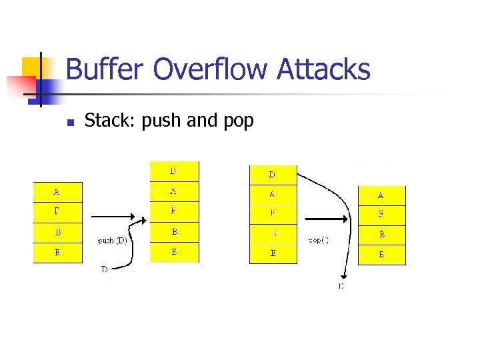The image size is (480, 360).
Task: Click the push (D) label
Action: (x=112, y=240)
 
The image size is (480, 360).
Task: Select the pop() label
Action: (x=318, y=239)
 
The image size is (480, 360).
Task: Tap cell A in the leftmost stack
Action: (x=57, y=192)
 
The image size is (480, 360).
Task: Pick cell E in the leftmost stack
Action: (x=57, y=253)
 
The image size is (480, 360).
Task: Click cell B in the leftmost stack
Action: (x=57, y=233)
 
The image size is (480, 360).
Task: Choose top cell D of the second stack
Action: (x=173, y=171)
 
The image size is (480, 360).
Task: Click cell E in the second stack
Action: (x=173, y=253)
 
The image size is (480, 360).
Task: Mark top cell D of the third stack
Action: (x=272, y=175)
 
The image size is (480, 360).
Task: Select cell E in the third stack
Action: (x=272, y=253)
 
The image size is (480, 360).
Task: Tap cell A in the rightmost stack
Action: (x=381, y=195)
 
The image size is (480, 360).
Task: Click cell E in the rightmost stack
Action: (x=381, y=255)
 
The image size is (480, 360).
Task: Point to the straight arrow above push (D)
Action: (x=113, y=217)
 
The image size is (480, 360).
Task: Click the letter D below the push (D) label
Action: (x=104, y=269)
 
